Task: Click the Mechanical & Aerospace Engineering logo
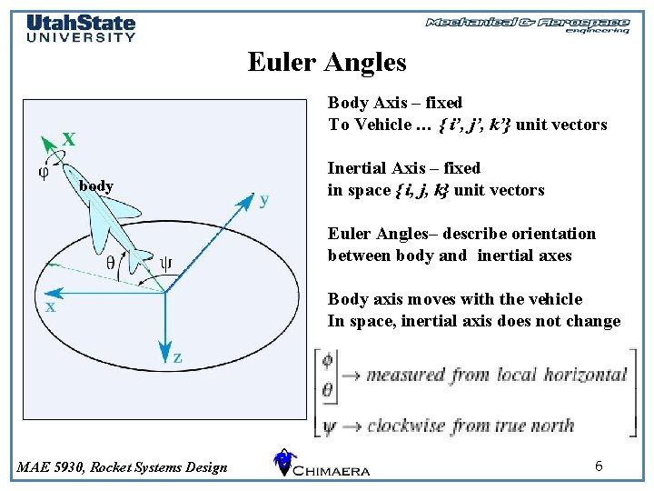528,25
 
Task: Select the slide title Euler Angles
327,62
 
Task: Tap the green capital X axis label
68,139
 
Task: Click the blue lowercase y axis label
264,199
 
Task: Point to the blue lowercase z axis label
178,357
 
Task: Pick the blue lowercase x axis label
51,307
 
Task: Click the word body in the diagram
96,186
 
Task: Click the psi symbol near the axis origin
166,265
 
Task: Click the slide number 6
599,466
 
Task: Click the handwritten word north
550,425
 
